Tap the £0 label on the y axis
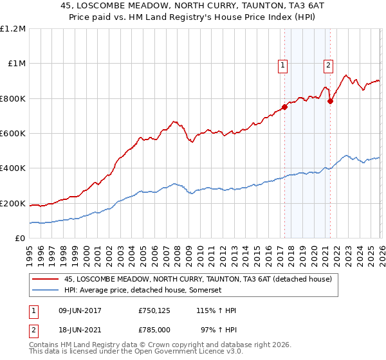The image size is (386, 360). tap(19, 239)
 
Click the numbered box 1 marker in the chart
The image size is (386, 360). tap(283, 64)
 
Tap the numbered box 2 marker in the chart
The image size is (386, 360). tap(328, 64)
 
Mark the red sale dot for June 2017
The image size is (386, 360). tap(284, 107)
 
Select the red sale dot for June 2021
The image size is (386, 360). tap(330, 101)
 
